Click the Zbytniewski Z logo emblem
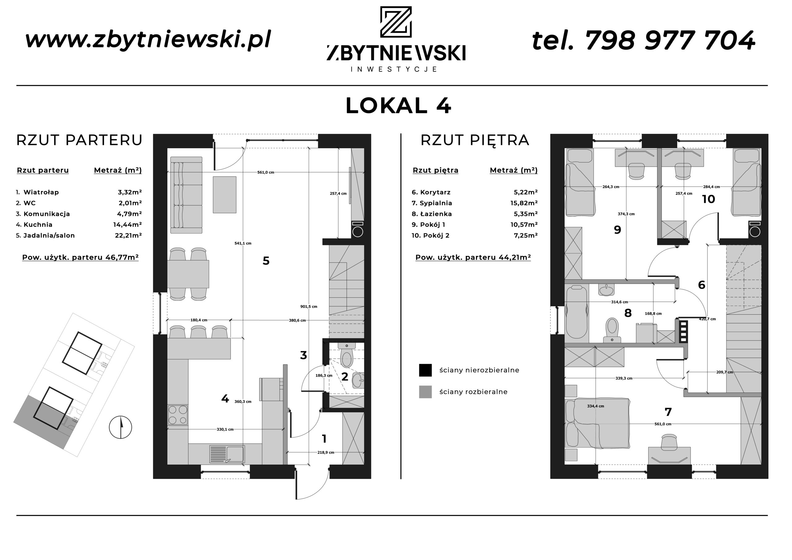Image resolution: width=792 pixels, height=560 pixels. coord(396,22)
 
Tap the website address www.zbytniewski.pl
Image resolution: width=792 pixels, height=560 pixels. coord(148,40)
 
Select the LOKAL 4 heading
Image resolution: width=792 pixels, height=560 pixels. coord(398,106)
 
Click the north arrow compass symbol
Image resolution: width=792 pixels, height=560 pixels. coord(120,427)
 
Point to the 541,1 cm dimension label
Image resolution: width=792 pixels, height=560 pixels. coord(243,243)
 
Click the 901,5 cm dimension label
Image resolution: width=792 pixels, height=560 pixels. coord(309,306)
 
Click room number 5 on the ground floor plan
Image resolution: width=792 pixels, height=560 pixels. coord(266,261)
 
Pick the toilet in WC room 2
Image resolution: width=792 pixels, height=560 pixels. coord(347,355)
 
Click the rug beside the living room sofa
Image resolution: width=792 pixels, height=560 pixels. coord(225,195)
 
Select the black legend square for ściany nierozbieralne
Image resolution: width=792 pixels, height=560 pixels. coord(425,370)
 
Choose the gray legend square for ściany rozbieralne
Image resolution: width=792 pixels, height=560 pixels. coord(425,392)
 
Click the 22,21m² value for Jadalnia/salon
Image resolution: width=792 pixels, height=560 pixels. coord(128,235)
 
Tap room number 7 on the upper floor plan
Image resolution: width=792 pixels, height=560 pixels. coord(668,412)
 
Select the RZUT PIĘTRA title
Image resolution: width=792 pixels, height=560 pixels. coord(475,140)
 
